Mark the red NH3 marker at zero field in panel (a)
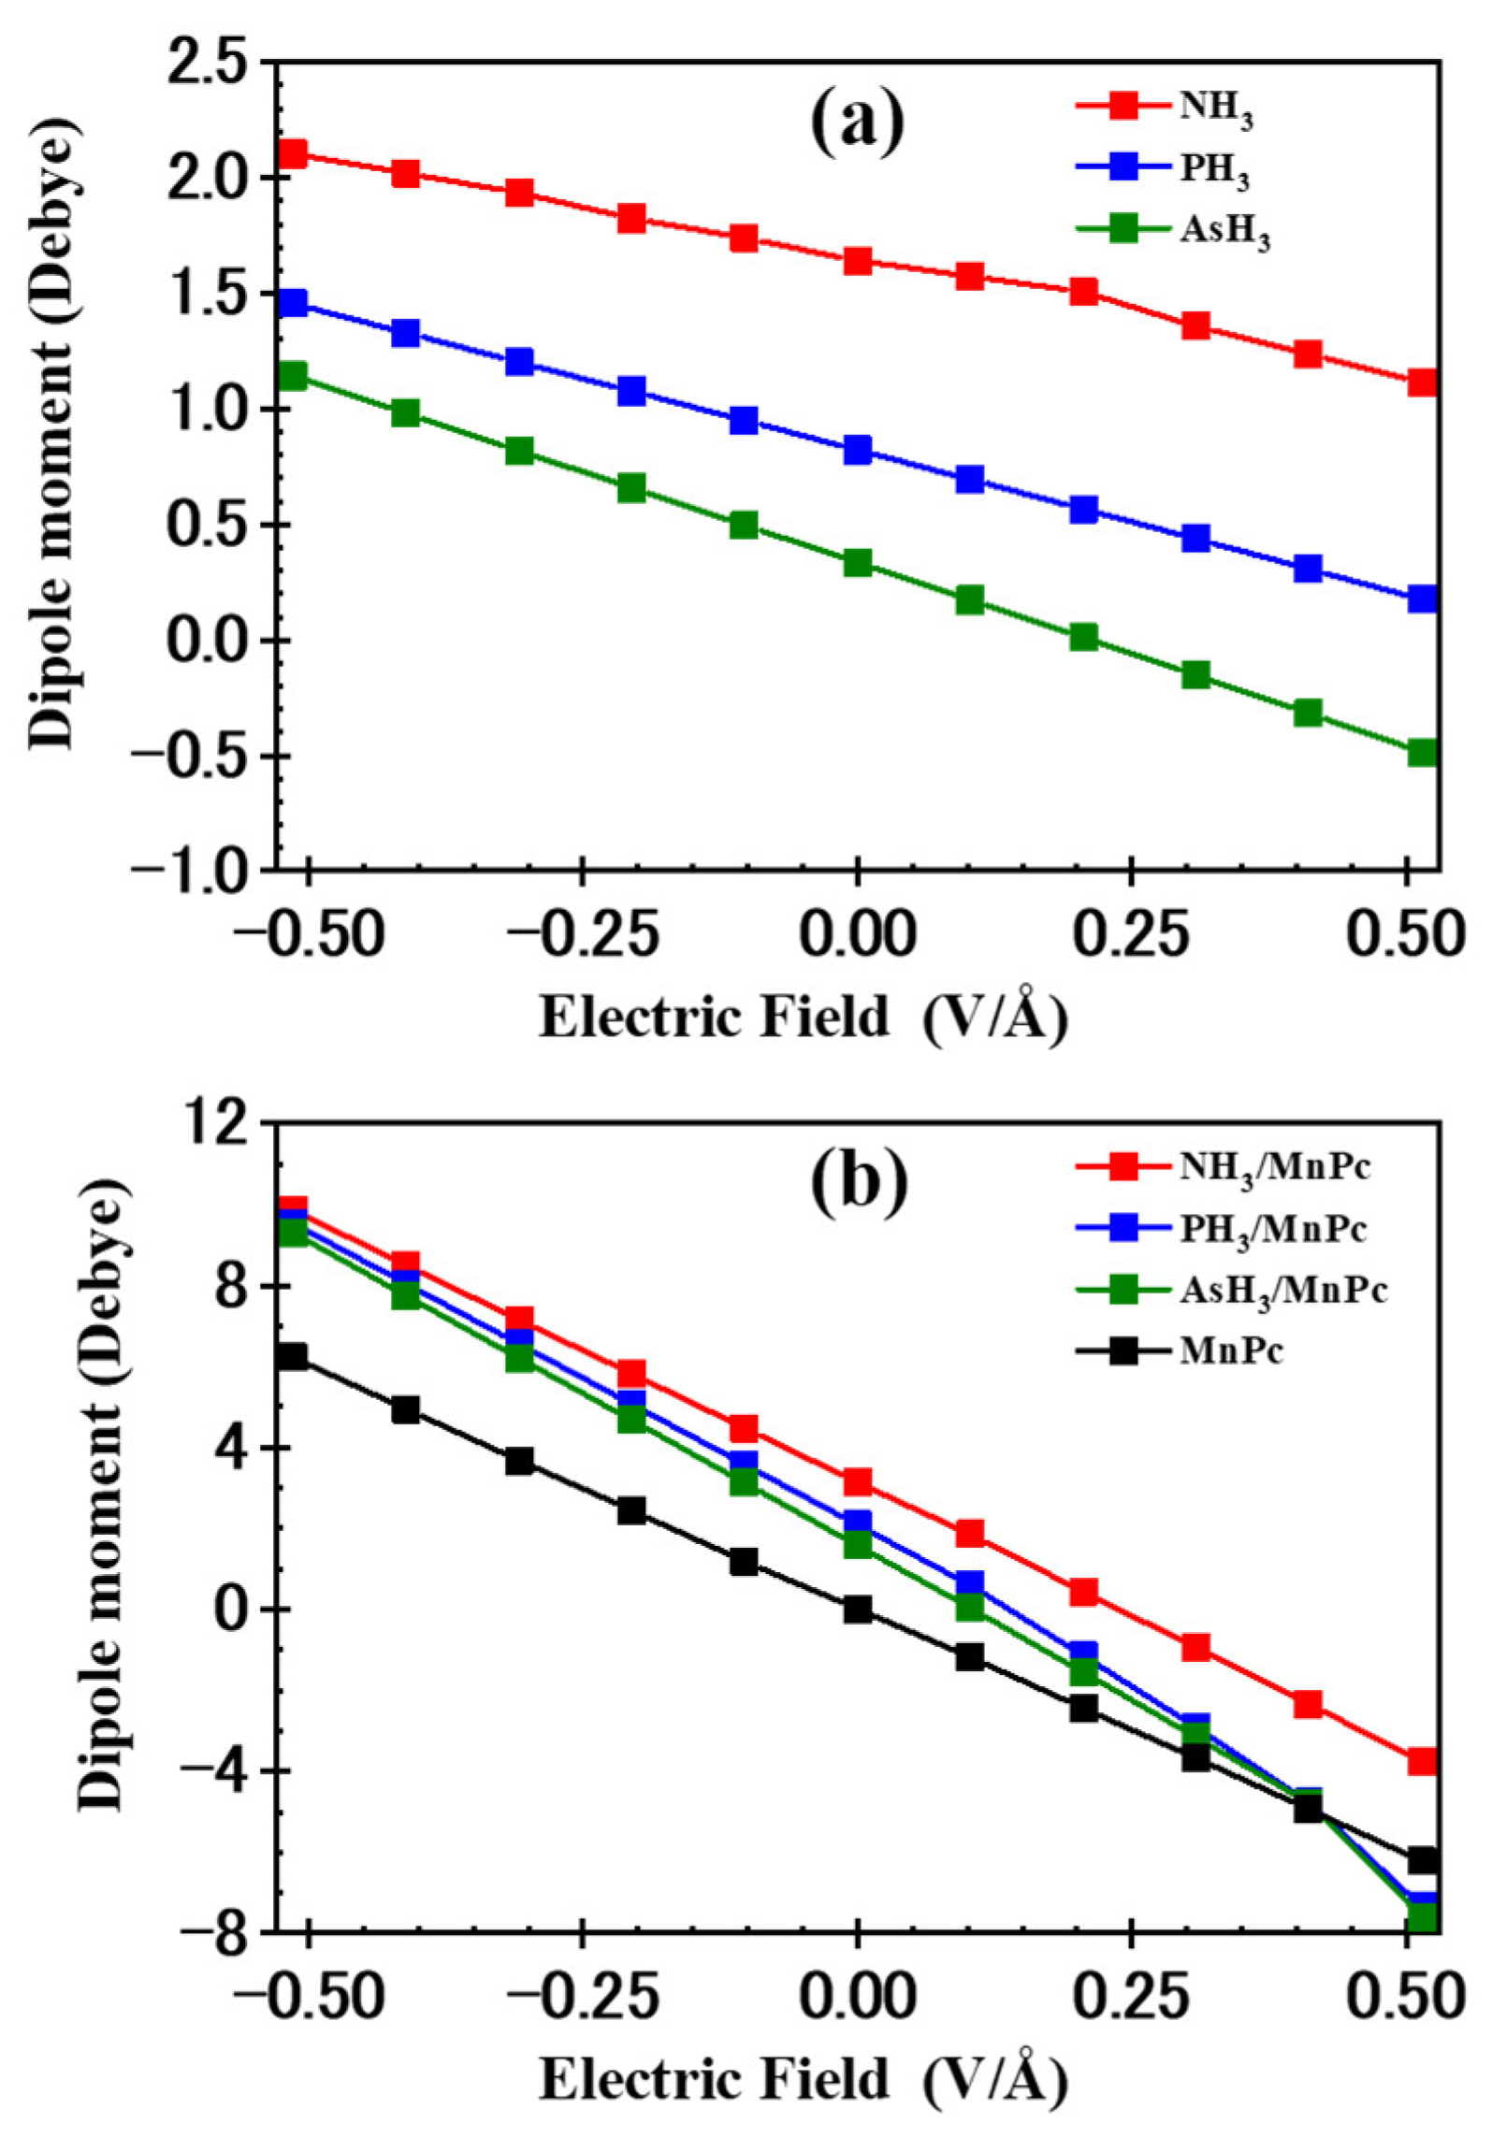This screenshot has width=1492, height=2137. pyautogui.click(x=858, y=262)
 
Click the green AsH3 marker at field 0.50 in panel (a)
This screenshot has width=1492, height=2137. pyautogui.click(x=1423, y=752)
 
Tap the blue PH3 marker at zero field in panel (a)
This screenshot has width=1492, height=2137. pyautogui.click(x=858, y=451)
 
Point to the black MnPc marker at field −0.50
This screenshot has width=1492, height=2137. pyautogui.click(x=295, y=1357)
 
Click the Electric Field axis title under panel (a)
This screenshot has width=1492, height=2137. pyautogui.click(x=803, y=1018)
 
